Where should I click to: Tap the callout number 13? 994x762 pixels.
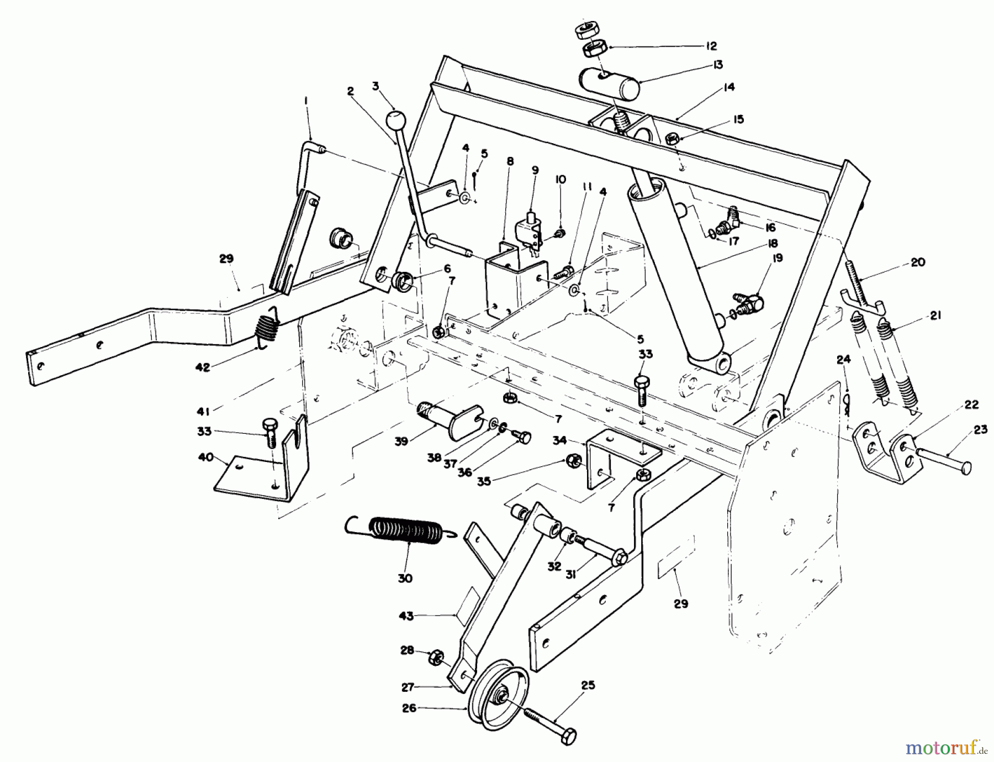(x=717, y=65)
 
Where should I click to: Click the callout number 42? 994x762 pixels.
(x=203, y=366)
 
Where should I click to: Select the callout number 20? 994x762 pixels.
(x=917, y=262)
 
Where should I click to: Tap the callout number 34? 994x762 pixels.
(x=559, y=440)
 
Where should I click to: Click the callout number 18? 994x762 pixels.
(x=771, y=243)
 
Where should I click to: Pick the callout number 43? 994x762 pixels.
(x=406, y=616)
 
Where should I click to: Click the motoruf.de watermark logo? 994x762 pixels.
(x=948, y=748)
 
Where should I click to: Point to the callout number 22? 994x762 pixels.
(x=972, y=404)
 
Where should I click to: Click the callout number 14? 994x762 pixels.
(x=729, y=87)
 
